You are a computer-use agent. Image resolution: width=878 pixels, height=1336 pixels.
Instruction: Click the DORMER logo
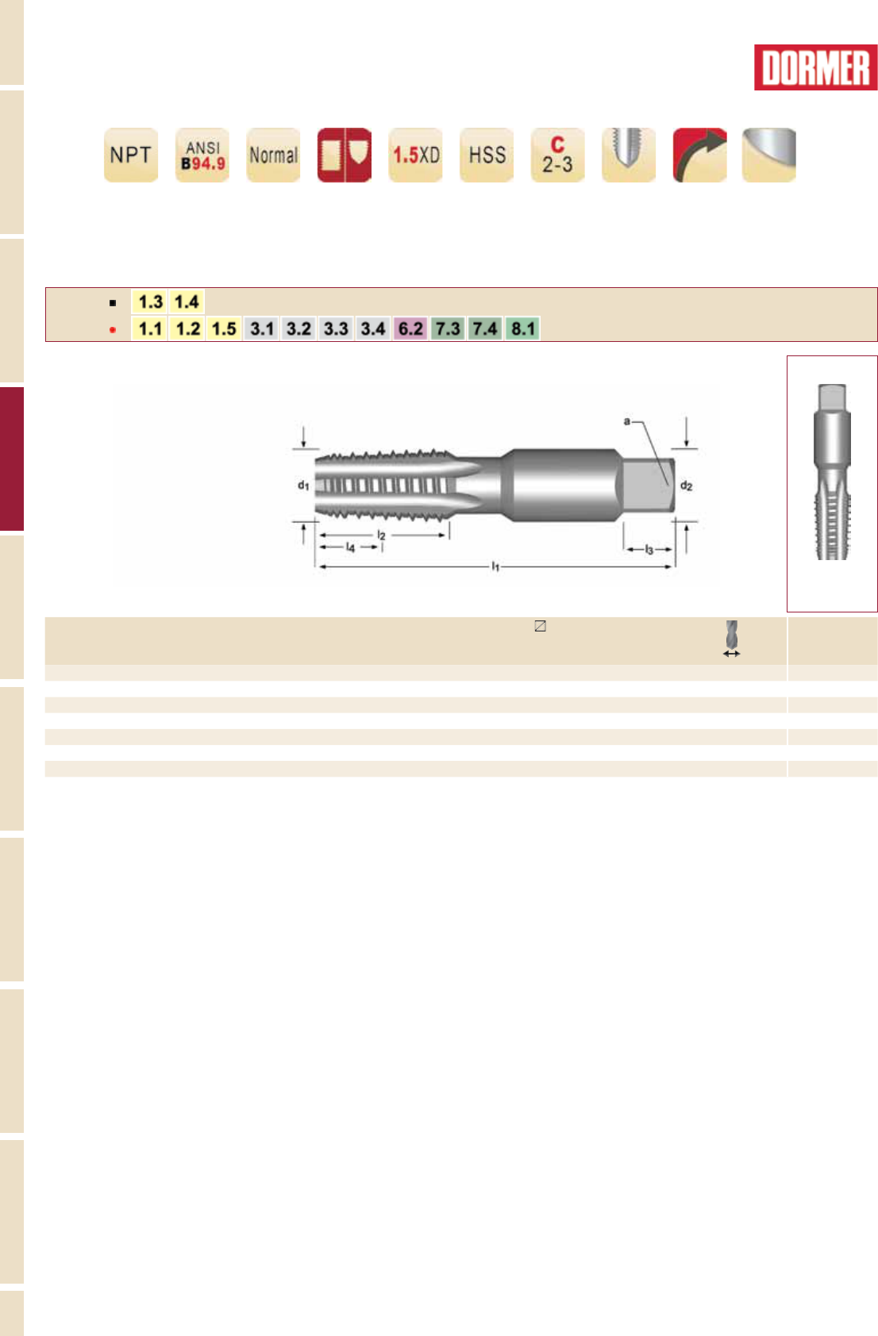[x=815, y=67]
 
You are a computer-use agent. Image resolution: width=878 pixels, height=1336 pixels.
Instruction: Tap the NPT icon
[x=131, y=155]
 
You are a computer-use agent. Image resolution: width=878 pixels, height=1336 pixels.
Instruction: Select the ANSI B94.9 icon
[x=202, y=155]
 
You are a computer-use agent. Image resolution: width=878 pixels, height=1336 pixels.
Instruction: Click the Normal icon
[x=273, y=155]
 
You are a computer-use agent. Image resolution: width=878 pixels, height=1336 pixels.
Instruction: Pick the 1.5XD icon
[x=415, y=155]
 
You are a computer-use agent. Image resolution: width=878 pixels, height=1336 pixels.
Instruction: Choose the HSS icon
[x=487, y=155]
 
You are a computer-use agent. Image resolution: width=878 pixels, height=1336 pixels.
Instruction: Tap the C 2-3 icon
[x=557, y=155]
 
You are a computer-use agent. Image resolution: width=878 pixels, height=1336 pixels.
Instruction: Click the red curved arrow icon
[x=699, y=155]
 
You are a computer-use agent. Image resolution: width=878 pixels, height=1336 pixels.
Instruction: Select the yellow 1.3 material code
[x=150, y=301]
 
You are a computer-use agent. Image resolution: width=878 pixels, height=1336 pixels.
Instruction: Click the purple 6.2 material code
[x=410, y=328]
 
